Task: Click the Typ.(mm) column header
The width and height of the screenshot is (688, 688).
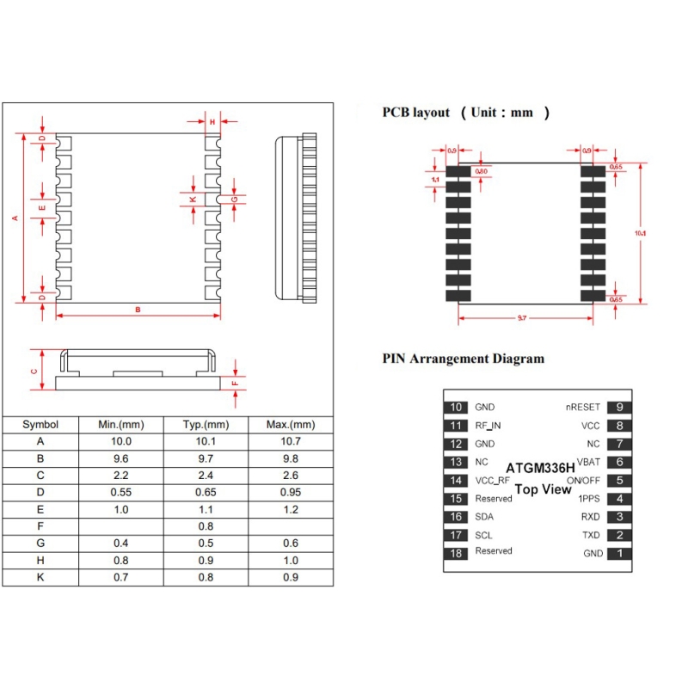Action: (x=206, y=425)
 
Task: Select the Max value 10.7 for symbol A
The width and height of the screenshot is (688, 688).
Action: (x=291, y=441)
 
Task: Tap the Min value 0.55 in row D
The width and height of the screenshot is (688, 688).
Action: (x=120, y=492)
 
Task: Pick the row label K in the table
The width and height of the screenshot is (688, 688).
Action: (x=40, y=577)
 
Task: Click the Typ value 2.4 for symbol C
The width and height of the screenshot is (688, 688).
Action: (x=206, y=476)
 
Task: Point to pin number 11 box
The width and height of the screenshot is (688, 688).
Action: (x=456, y=426)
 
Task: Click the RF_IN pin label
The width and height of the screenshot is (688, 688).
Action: (x=488, y=426)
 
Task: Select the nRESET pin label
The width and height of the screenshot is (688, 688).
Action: (x=583, y=407)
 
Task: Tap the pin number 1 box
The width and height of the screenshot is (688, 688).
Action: (x=619, y=553)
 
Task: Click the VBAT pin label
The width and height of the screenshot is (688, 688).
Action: (x=588, y=462)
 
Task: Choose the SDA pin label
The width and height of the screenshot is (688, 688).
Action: (x=484, y=517)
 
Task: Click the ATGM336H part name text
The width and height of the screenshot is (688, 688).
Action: (x=540, y=468)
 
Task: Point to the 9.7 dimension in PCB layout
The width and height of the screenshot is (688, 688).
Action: (x=522, y=317)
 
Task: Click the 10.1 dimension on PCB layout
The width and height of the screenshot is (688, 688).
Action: (x=640, y=233)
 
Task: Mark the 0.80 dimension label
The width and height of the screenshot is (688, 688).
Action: (x=482, y=171)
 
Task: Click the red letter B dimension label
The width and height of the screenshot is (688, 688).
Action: (x=138, y=310)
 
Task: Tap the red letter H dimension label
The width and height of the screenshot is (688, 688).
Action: (x=212, y=122)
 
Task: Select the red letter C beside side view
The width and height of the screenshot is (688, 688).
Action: (x=34, y=372)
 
